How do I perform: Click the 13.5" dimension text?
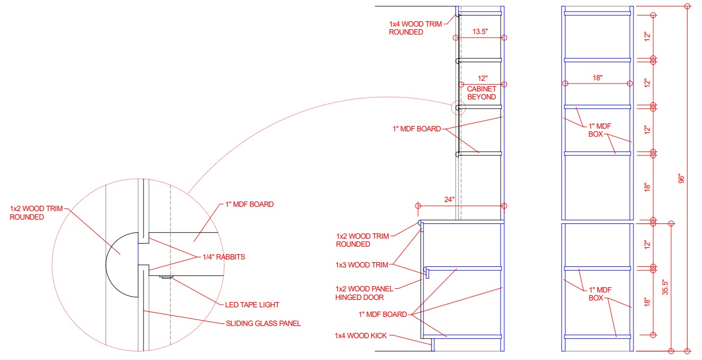tap(480, 31)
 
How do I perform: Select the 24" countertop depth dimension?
tap(450, 199)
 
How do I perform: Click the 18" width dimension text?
tap(597, 78)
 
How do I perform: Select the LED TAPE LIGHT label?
tap(252, 305)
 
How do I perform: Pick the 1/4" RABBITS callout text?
tap(224, 257)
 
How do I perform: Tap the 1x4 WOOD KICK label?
tap(361, 336)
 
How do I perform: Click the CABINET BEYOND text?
tap(481, 93)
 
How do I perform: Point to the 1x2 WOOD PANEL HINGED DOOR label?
tap(364, 293)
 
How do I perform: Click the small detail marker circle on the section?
tap(458, 108)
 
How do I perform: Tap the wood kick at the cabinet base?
tap(433, 345)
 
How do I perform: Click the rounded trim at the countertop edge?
tap(420, 225)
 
